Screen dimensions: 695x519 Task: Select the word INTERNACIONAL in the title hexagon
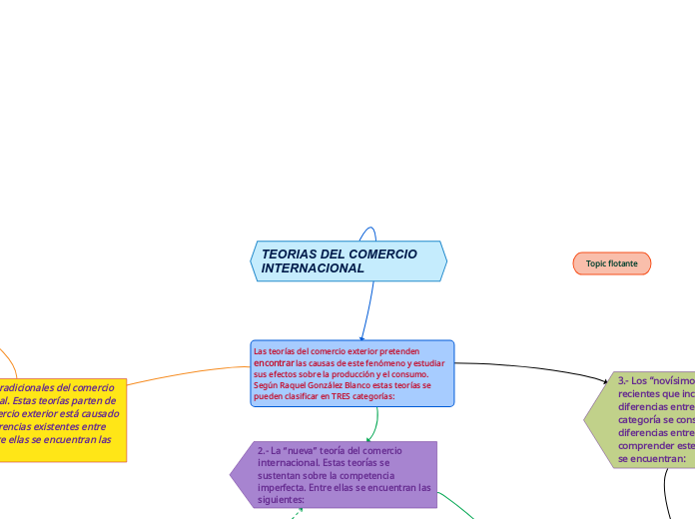(x=313, y=268)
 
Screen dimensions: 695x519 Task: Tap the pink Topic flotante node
(x=611, y=262)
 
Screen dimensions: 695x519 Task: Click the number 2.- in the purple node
(x=266, y=451)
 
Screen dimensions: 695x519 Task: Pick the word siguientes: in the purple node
(x=280, y=499)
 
